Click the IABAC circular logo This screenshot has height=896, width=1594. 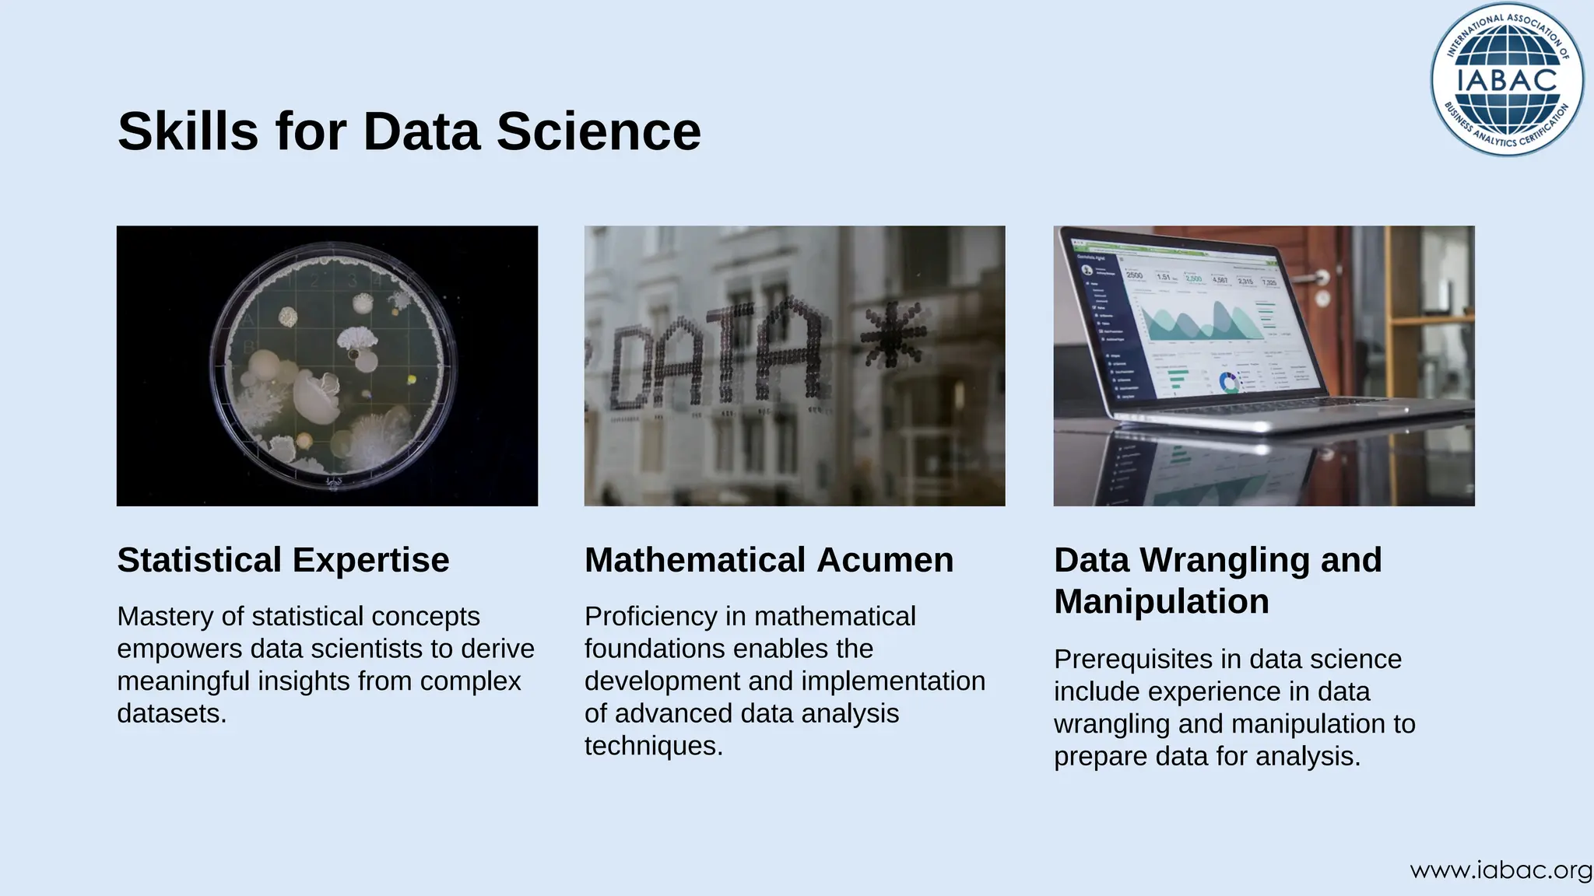point(1507,79)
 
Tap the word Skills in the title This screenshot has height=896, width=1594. point(188,131)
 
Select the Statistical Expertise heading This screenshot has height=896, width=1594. point(283,560)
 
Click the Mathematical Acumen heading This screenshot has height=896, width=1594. point(768,560)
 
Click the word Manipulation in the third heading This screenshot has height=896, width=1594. point(1161,601)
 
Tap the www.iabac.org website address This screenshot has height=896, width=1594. point(1501,870)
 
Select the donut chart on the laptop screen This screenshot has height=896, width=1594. point(1229,382)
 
